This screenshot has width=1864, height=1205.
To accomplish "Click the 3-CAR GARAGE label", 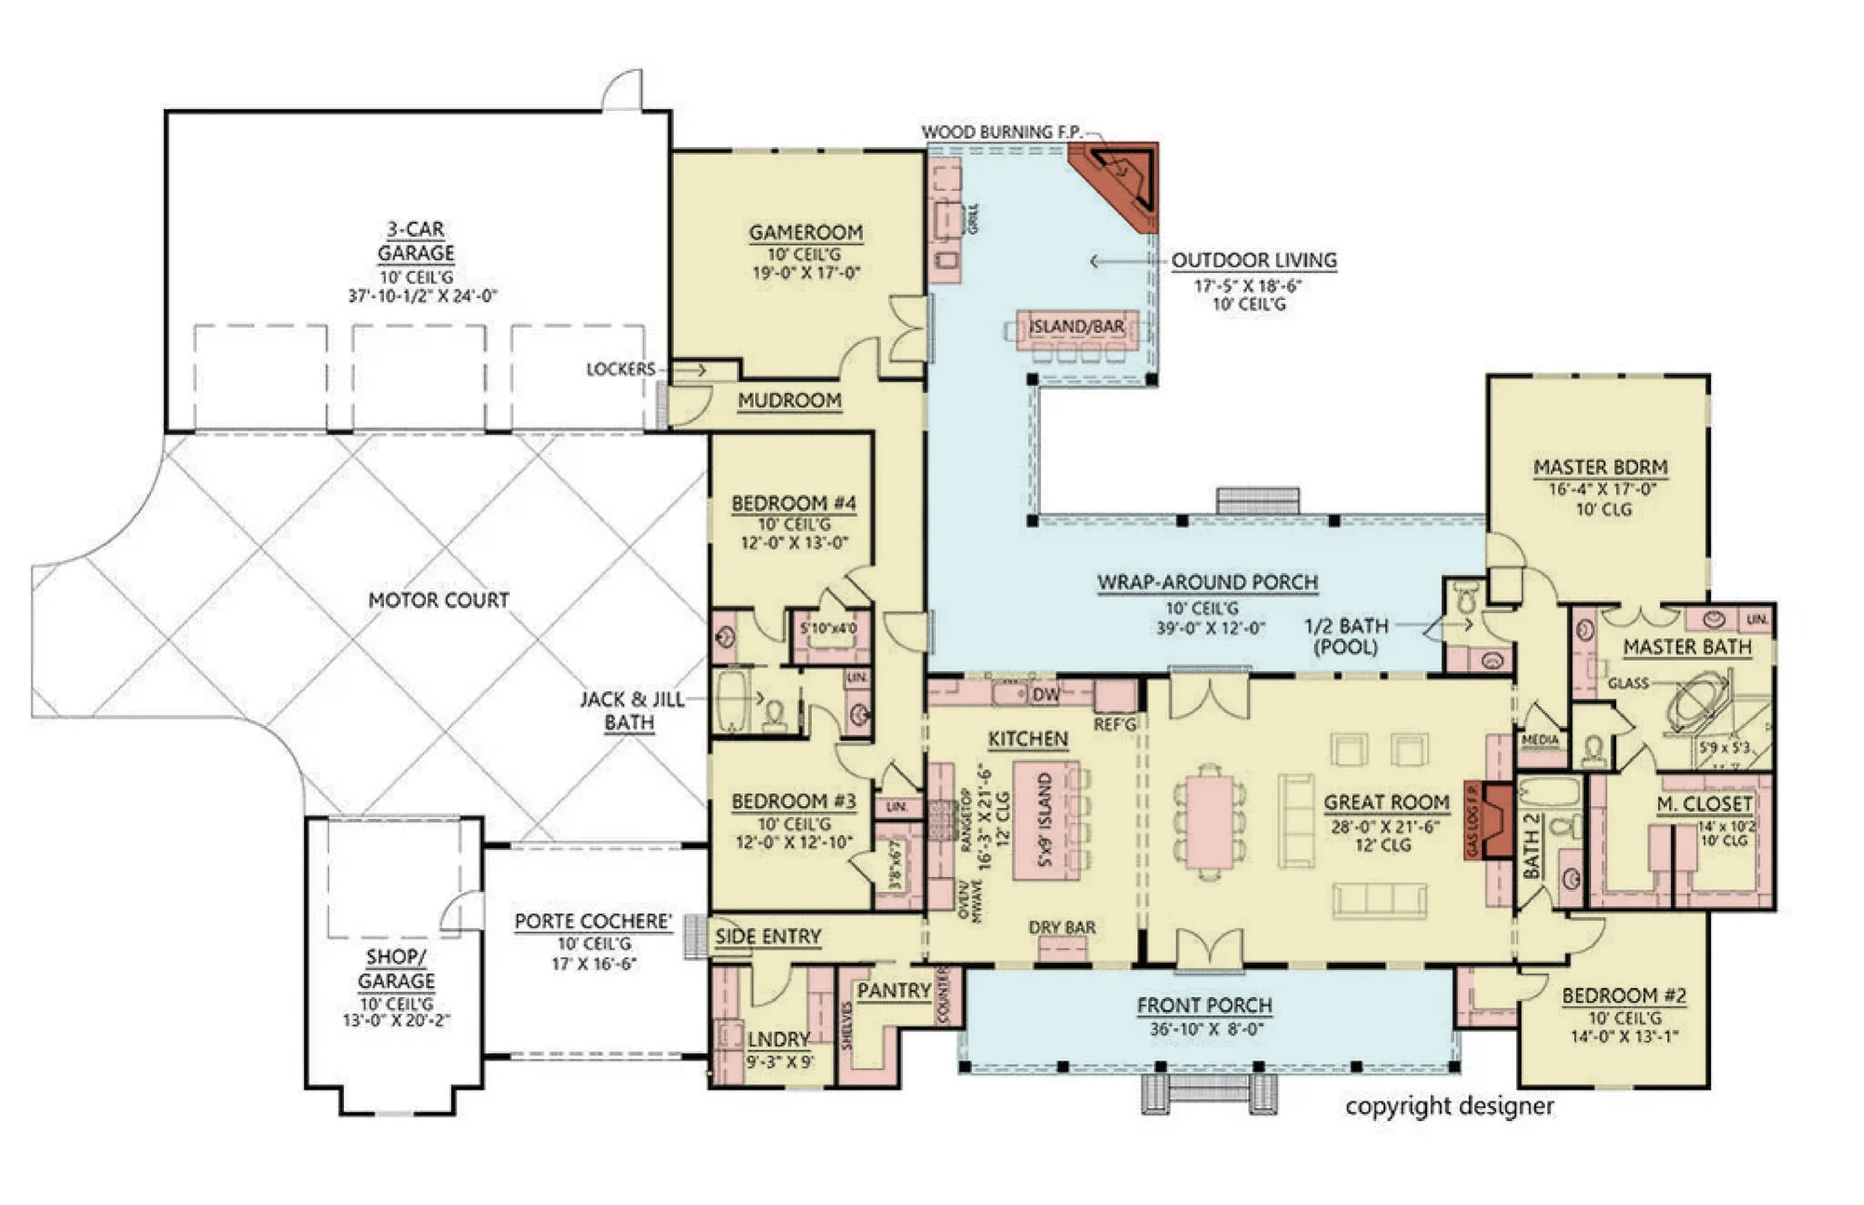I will pyautogui.click(x=416, y=240).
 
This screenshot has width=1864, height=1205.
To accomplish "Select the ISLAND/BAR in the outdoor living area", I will pyautogui.click(x=1076, y=328).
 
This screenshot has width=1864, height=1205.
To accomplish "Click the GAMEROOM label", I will pyautogui.click(x=805, y=232).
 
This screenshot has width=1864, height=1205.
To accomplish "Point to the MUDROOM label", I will pyautogui.click(x=789, y=401).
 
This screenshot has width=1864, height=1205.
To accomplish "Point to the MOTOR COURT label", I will pyautogui.click(x=439, y=600).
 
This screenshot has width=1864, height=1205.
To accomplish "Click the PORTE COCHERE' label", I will pyautogui.click(x=593, y=922).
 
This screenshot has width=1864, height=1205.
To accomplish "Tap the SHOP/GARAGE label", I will pyautogui.click(x=396, y=968).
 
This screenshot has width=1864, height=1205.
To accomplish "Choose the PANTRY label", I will pyautogui.click(x=893, y=991).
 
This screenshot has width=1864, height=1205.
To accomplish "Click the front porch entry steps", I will pyautogui.click(x=1208, y=1092).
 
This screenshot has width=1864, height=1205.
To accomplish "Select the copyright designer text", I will pyautogui.click(x=1449, y=1106).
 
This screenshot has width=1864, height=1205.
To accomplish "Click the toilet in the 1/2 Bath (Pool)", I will pyautogui.click(x=1466, y=596).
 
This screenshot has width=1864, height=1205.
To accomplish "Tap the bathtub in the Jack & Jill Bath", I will pyautogui.click(x=733, y=702).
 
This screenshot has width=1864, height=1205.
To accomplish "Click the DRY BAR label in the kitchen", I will pyautogui.click(x=1062, y=927).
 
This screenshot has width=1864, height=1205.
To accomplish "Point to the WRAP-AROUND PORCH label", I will pyautogui.click(x=1207, y=583).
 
